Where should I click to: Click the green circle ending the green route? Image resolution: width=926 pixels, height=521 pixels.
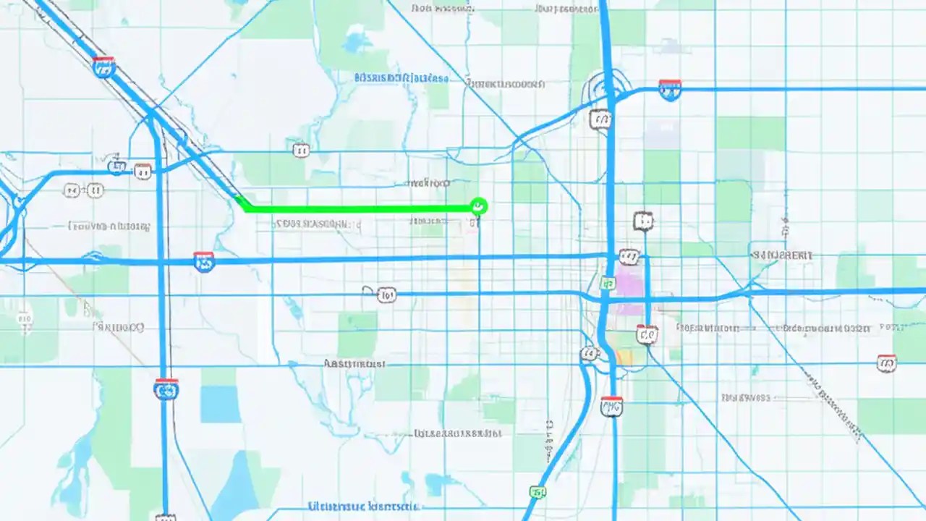coord(477,207)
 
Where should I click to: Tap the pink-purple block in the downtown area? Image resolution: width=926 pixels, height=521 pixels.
coord(628,290)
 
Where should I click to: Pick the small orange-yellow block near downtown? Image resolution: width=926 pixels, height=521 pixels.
coord(624,356)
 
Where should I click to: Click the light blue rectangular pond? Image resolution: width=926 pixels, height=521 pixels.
coord(220,404)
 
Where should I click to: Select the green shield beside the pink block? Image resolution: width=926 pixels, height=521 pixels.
coord(608,283)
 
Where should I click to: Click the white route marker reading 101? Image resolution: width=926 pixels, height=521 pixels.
coord(386,295)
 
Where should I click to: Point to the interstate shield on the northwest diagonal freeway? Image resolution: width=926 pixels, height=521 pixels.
coord(104,67)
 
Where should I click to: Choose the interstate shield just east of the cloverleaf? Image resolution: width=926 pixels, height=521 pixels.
coord(669,89)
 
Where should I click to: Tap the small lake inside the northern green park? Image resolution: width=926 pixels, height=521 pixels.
coord(355,43)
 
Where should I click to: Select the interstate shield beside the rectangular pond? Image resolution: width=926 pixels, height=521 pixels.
coord(166,389)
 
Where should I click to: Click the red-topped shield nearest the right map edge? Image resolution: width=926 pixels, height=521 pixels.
coord(886,363)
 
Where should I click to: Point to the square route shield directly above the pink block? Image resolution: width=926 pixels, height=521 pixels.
coord(642,221)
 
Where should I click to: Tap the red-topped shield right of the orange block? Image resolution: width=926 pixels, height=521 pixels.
coord(647,334)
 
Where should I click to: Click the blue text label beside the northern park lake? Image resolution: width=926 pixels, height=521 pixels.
coord(402,77)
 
